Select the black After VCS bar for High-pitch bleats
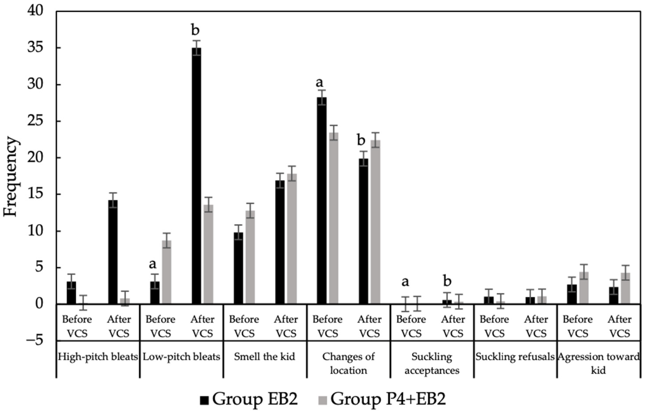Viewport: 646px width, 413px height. (x=113, y=252)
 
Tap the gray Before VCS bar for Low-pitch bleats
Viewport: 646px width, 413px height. (x=167, y=272)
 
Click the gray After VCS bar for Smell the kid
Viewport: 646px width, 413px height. (x=292, y=239)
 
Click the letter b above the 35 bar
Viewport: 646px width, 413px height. (x=195, y=31)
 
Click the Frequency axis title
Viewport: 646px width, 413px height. (x=11, y=177)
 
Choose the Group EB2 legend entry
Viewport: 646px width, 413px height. (x=250, y=399)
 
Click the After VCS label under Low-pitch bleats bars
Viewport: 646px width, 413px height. (x=203, y=326)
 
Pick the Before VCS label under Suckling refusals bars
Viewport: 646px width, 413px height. (x=494, y=326)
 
